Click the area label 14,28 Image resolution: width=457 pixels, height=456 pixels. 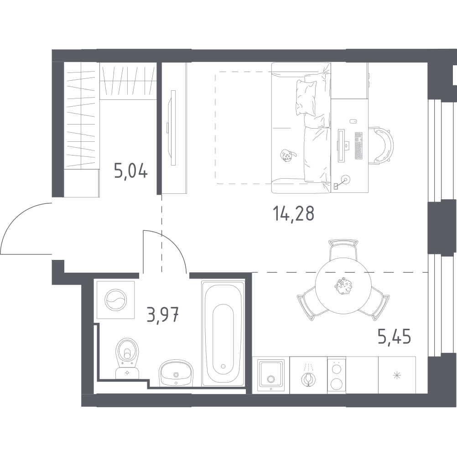pos(293,213)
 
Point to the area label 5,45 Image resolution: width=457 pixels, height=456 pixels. pos(394,337)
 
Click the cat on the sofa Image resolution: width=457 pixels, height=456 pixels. pos(287,155)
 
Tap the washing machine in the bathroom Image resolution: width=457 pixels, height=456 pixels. pos(116,300)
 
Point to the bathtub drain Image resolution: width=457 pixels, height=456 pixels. pos(223,366)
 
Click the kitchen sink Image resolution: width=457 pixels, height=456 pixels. pos(271,375)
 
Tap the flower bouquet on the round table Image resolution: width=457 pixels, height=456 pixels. pos(342,286)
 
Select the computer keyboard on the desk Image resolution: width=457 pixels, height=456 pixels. pos(358,145)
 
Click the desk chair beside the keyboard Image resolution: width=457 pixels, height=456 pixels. pos(381,144)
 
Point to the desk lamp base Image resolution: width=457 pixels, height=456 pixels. pos(346,179)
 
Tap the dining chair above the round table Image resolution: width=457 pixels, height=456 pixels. pos(343,250)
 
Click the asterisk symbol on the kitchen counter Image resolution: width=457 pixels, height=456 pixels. pos(397,375)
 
